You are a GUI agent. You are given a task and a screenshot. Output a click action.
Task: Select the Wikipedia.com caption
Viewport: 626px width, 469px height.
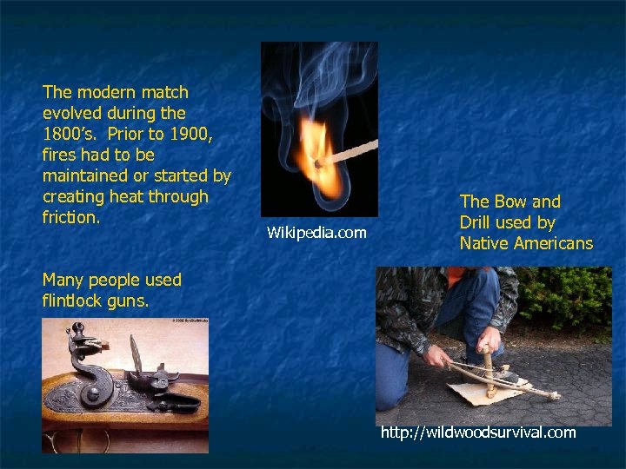[x=316, y=233]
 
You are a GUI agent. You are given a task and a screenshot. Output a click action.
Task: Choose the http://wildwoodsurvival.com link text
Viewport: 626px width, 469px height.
[x=478, y=432]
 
